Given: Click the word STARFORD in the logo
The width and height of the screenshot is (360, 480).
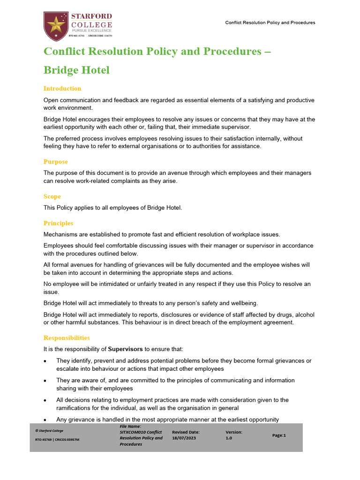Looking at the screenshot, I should (x=92, y=15).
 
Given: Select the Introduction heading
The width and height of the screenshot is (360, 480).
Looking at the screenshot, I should (x=62, y=89).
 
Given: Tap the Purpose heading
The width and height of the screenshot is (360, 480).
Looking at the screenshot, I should (x=56, y=162).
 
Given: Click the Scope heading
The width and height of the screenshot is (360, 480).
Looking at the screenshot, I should (x=52, y=196).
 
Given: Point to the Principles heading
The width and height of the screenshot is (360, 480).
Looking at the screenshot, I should (x=58, y=223).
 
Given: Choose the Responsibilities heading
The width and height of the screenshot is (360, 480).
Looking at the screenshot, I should (x=67, y=337).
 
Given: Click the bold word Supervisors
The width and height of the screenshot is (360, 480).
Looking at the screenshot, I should (x=125, y=349).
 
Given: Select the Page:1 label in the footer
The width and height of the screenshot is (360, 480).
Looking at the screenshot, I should (x=279, y=435).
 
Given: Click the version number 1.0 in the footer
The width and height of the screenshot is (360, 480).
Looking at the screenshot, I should (x=229, y=438).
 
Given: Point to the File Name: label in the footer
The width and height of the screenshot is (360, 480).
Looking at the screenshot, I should (x=130, y=426).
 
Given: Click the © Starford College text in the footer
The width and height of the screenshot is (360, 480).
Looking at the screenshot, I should (x=49, y=430).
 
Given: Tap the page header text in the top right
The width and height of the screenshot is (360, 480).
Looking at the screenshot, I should (x=270, y=22).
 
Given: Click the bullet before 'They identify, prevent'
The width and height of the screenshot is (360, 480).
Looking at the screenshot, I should (x=45, y=361).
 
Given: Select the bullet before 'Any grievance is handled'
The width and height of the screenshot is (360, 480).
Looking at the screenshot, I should (x=45, y=420).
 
